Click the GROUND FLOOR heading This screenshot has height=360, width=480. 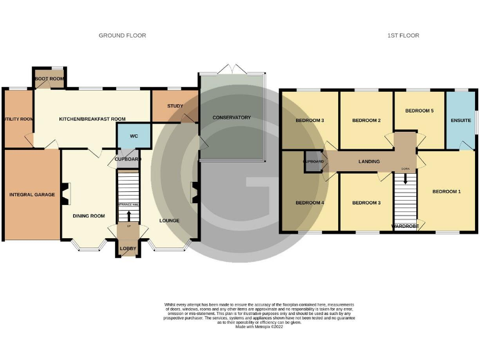point(122,36)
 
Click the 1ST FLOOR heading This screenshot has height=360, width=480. point(402,36)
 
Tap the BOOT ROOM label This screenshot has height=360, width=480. point(49,79)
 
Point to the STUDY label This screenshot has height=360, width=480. point(175,106)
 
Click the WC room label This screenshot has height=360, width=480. point(134,136)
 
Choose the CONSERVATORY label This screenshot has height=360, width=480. point(231,117)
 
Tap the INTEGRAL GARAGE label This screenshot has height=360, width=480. point(32,194)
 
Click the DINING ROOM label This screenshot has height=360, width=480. point(88,216)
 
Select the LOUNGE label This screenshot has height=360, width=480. point(169,221)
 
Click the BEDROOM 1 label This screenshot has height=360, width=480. point(446,191)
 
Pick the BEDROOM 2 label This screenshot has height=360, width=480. point(366,120)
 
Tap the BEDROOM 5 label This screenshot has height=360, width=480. point(419,111)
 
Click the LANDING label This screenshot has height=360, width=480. point(369,161)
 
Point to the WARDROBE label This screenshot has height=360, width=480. point(404,226)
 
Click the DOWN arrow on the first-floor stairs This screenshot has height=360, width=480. point(406,178)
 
